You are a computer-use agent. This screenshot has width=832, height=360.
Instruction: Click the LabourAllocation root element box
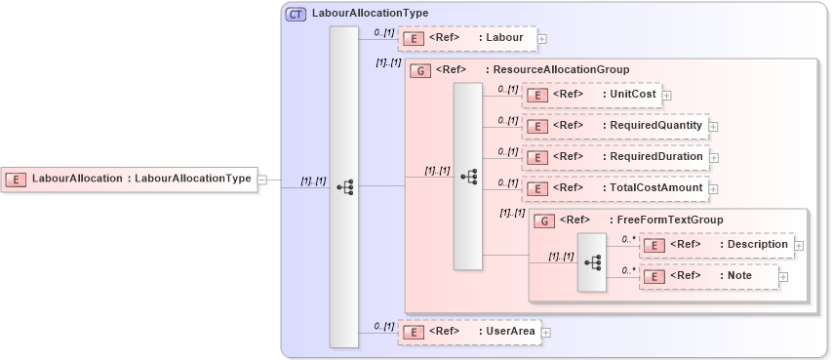128,179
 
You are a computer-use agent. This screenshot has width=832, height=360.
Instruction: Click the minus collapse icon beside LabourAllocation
261,179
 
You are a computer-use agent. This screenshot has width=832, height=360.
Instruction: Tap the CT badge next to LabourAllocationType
295,14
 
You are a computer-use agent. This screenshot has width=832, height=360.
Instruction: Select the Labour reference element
467,39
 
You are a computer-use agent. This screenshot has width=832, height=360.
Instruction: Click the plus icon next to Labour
542,39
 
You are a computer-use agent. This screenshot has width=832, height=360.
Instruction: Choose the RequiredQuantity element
614,126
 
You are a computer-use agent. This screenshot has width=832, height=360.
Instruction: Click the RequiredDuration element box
614,157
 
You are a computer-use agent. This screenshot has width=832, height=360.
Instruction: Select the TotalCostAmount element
614,188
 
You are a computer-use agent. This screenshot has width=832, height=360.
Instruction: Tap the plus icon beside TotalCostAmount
713,188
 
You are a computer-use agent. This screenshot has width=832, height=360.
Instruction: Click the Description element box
716,245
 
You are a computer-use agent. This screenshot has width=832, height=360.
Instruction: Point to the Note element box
708,277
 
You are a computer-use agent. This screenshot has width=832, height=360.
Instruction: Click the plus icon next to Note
783,277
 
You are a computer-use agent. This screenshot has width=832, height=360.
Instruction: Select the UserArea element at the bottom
468,332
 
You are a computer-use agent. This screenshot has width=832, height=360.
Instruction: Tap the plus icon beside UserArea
545,332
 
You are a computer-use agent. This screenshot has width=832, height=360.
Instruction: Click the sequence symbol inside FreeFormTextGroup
592,262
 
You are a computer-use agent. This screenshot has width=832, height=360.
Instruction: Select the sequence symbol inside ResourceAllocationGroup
468,176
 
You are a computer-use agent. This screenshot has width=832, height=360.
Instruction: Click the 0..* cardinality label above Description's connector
629,238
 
